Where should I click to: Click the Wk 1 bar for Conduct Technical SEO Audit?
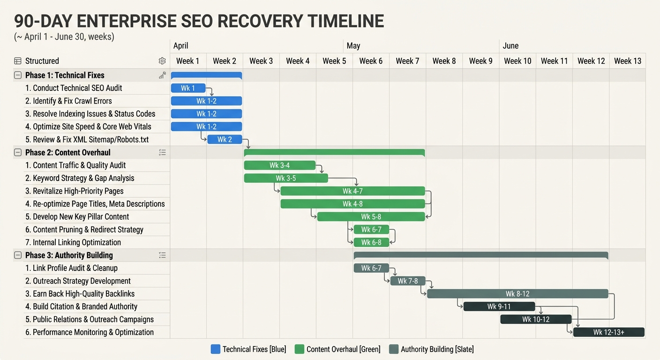[188, 88]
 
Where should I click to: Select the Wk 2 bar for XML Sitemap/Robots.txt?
[225, 139]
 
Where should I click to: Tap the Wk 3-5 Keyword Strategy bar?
[285, 178]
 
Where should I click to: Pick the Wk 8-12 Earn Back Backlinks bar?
[517, 294]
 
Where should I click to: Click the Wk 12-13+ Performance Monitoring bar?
[608, 332]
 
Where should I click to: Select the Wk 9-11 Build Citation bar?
[499, 307]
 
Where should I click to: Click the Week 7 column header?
[407, 61]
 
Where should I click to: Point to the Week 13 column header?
[627, 61]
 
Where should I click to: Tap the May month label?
[353, 45]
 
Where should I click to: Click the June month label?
[510, 45]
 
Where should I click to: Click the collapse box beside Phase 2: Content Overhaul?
[18, 152]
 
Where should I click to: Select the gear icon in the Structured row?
[162, 61]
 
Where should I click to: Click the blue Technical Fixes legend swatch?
[216, 349]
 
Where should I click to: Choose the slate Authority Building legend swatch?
[394, 349]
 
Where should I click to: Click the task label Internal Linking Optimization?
[76, 242]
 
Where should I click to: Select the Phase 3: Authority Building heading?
[69, 255]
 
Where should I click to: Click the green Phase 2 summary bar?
[334, 152]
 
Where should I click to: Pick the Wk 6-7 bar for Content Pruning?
[371, 230]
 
